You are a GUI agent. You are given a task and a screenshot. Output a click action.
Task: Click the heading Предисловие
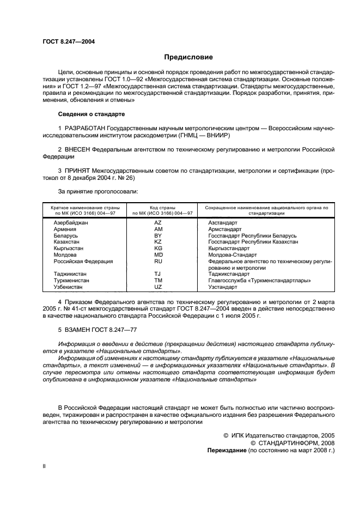coord(188,57)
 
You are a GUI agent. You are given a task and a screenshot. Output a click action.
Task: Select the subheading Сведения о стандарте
coord(91,114)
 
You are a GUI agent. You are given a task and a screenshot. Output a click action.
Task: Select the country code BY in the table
coord(158,235)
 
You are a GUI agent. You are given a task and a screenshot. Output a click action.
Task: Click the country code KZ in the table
coord(158,241)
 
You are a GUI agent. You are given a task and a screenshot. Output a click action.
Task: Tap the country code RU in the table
coord(158,261)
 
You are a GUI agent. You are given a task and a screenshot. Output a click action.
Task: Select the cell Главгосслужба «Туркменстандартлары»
coord(259,280)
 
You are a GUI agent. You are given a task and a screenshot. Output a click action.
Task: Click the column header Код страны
coord(159,208)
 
